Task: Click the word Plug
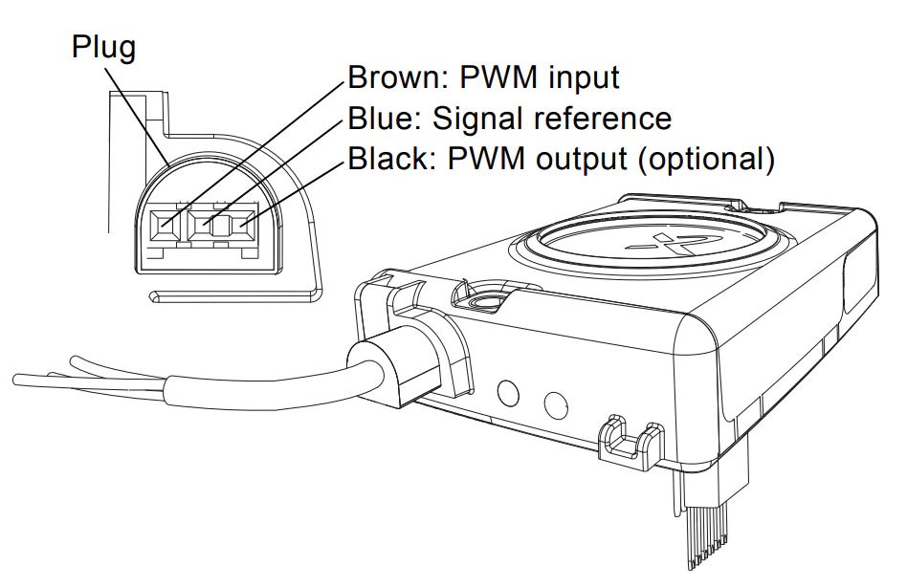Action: [104, 48]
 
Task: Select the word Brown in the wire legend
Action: [394, 76]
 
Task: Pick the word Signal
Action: [478, 120]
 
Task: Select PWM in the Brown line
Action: [498, 76]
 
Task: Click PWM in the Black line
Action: [486, 159]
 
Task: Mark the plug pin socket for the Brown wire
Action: [164, 226]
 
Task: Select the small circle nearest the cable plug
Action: [508, 393]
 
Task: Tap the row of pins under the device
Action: [704, 536]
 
